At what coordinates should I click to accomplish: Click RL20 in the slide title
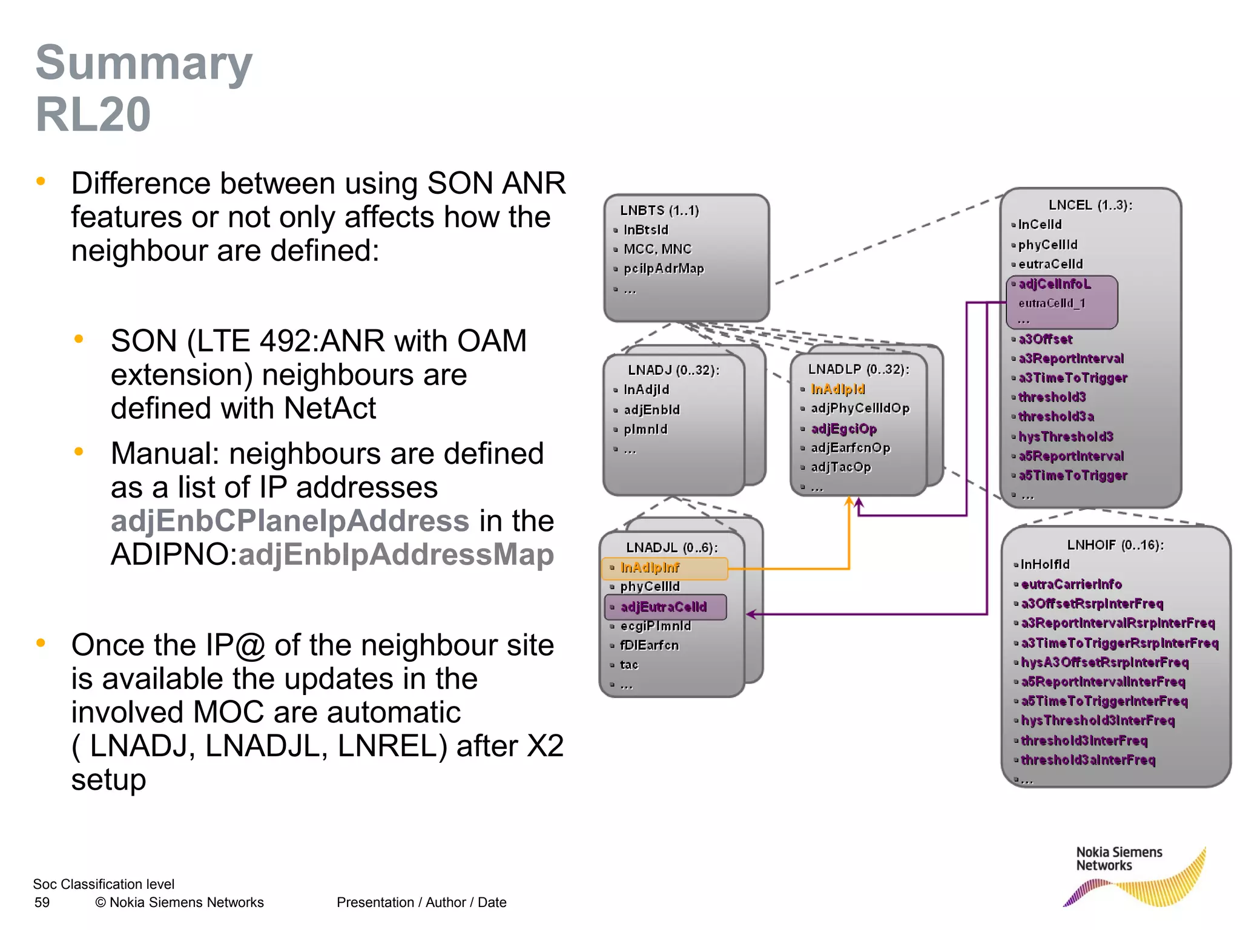tap(93, 114)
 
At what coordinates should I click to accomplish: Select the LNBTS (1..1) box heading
tap(659, 211)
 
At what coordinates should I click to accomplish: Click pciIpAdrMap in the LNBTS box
tap(664, 268)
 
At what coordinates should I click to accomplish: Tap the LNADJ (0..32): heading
tap(673, 370)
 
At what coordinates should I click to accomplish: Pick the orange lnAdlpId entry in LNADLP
tap(837, 389)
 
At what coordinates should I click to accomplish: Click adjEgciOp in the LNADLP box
tap(843, 429)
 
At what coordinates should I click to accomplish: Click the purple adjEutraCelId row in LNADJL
tap(664, 607)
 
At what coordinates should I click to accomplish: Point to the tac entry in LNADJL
tap(629, 665)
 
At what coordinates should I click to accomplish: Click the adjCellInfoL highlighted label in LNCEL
tap(1054, 284)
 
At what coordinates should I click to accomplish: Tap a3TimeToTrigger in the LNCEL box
tap(1072, 378)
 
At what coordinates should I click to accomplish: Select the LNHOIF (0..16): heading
tap(1115, 545)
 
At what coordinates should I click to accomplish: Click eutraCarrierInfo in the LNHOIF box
tap(1071, 584)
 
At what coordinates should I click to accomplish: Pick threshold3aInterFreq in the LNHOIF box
tap(1087, 760)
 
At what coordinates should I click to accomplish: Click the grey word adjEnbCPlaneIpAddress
tap(289, 521)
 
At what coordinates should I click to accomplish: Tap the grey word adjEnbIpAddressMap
tap(396, 555)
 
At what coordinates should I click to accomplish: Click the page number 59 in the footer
tap(42, 902)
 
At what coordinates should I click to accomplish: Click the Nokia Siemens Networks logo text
tap(1118, 859)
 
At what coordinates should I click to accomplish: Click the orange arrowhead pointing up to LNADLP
tap(849, 501)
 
